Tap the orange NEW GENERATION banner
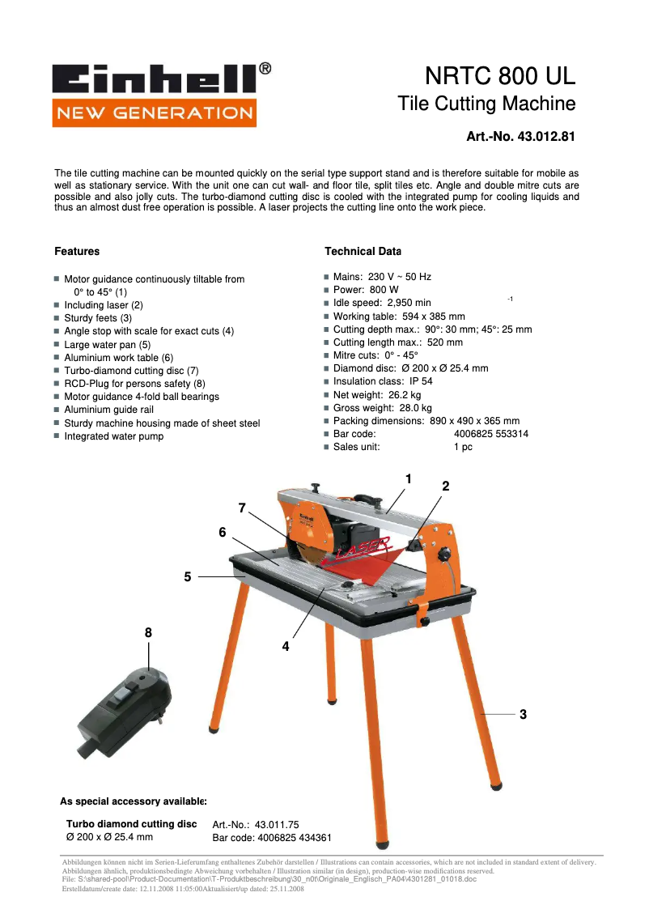[154, 113]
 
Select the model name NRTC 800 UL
[500, 77]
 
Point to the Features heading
[77, 251]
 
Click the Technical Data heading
[363, 251]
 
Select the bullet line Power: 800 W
[366, 289]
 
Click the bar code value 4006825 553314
[491, 434]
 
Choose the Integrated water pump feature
[113, 436]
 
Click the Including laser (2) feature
[104, 305]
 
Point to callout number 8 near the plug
[148, 632]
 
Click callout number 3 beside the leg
[523, 714]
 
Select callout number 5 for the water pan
[188, 576]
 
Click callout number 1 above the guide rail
[409, 478]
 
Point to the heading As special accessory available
[134, 801]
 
